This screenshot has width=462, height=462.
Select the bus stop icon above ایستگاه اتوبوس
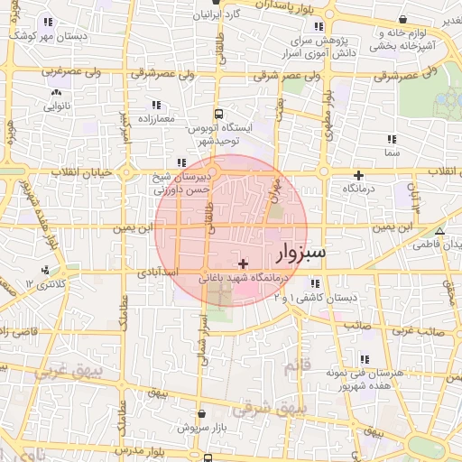click(218, 114)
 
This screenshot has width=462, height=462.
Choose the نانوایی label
click(57, 106)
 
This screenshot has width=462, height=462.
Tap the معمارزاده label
click(158, 118)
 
